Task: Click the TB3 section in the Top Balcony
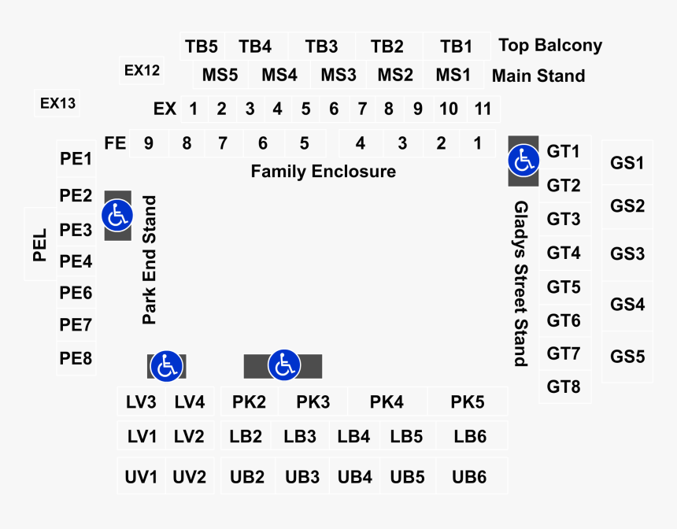[321, 46]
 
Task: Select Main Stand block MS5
[220, 76]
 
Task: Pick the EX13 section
[57, 103]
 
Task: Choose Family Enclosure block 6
[262, 143]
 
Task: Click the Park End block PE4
[76, 261]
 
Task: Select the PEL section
[40, 244]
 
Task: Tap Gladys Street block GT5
[564, 287]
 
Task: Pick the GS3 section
[627, 253]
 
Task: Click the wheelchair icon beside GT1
[523, 161]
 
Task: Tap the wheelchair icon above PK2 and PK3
[283, 365]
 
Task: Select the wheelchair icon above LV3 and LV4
[165, 365]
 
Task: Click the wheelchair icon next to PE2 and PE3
[117, 215]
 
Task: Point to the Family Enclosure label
[323, 171]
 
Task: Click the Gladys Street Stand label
[520, 283]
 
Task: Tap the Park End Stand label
[150, 261]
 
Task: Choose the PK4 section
[387, 402]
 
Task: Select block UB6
[468, 476]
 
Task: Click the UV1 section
[142, 476]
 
